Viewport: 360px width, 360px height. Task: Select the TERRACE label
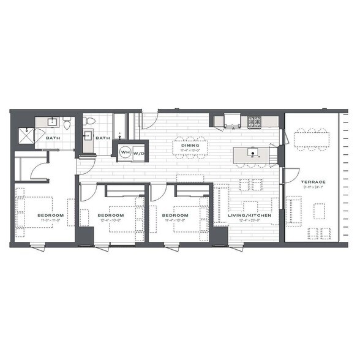pyautogui.click(x=312, y=182)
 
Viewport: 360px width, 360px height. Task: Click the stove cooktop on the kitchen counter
pyautogui.click(x=253, y=119)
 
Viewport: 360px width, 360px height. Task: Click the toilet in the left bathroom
pyautogui.click(x=67, y=125)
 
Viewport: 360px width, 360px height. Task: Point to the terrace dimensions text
pyautogui.click(x=312, y=188)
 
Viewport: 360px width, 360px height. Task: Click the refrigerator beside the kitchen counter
pyautogui.click(x=233, y=119)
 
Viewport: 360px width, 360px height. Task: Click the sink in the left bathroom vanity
pyautogui.click(x=52, y=122)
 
